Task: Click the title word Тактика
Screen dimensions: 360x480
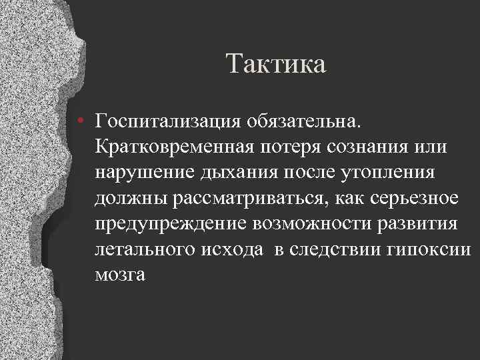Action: [x=275, y=65]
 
